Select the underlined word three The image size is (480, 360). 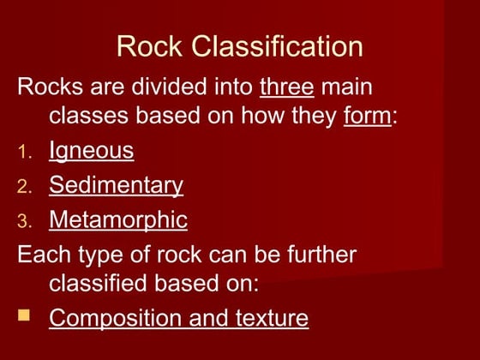coord(287,87)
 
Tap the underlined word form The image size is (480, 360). coord(367,116)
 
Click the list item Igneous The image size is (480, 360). coord(91,151)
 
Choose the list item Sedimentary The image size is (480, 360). coord(116,184)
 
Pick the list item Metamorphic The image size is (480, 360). coord(118,219)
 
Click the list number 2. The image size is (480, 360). coord(25,187)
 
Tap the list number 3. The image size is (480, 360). coord(25,222)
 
